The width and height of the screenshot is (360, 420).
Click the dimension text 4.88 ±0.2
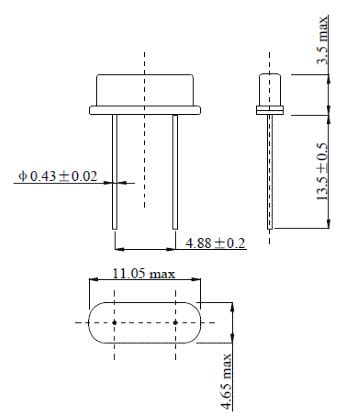coord(216,243)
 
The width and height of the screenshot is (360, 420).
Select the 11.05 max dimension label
coord(144,274)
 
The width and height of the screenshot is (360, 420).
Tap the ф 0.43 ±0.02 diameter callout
coord(58,176)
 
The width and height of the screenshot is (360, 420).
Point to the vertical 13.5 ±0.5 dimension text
coord(322,171)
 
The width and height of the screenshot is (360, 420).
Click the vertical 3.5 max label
coord(322,40)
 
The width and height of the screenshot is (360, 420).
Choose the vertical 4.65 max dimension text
coord(226,381)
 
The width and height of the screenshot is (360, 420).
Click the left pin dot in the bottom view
coord(114,322)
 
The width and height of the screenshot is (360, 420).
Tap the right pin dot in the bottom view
coord(175,322)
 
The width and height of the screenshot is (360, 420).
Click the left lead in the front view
coord(114,172)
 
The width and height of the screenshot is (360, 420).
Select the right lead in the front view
coord(175,172)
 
